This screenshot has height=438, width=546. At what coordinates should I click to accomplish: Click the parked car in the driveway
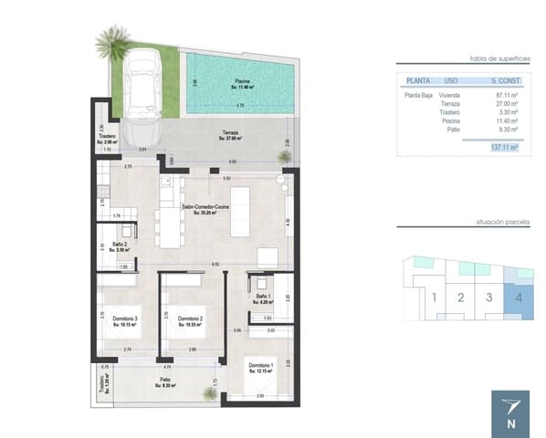pos(145,85)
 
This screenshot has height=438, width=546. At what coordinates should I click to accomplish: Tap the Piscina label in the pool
pos(241,81)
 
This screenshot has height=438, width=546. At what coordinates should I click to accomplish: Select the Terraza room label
pos(229,136)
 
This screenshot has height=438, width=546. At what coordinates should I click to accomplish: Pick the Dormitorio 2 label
pos(190,319)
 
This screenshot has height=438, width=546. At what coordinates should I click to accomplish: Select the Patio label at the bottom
pos(164,382)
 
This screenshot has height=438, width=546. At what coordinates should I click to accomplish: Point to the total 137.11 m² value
pos(502,146)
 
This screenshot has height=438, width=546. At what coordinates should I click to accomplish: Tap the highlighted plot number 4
pos(518,297)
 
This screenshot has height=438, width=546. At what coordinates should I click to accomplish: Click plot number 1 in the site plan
pos(435,297)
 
